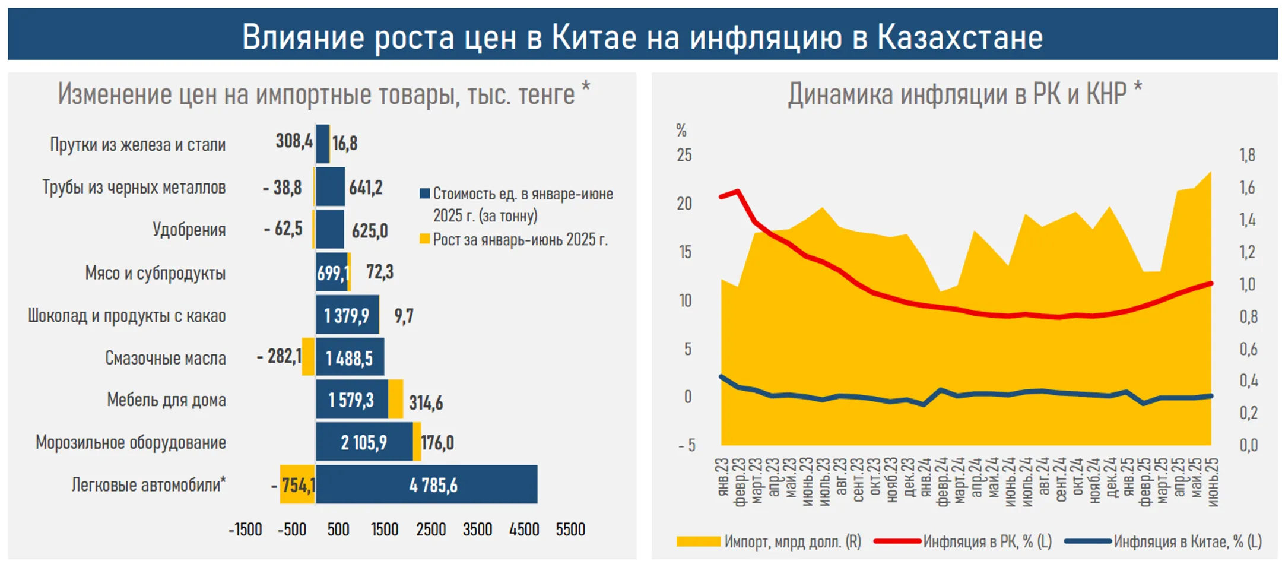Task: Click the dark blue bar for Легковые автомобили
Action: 426,484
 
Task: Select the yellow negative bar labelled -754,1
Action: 297,484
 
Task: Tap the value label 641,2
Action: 366,188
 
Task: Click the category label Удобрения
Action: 189,229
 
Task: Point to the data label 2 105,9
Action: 363,442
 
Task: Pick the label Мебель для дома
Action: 166,400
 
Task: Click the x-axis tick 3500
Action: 477,529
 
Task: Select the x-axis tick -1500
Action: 245,529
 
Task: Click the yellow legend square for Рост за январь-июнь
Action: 424,239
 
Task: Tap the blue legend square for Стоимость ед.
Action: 424,193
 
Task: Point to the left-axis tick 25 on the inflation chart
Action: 684,156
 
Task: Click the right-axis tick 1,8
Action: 1247,156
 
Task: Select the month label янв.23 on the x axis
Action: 722,478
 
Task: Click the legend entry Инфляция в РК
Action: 986,541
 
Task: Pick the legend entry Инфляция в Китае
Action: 1187,541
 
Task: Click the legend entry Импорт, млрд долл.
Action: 792,541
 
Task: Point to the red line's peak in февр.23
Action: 738,191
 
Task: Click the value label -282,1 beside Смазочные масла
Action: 279,356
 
